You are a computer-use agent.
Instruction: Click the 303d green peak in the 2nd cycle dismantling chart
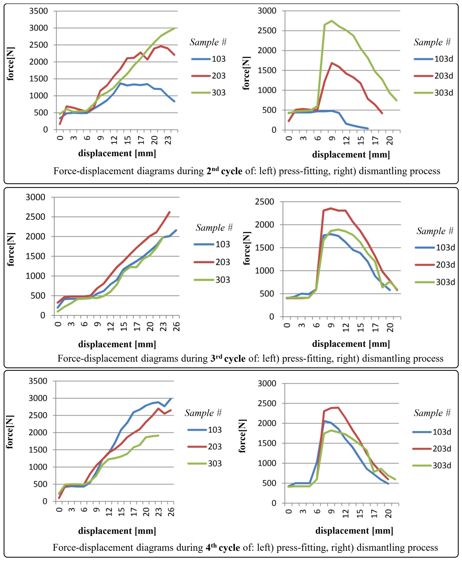click(332, 21)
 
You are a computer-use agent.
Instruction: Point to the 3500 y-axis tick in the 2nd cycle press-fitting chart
click(38, 11)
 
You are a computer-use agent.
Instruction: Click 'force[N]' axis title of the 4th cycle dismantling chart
click(242, 436)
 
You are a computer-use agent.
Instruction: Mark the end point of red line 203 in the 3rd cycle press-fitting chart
click(170, 212)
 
